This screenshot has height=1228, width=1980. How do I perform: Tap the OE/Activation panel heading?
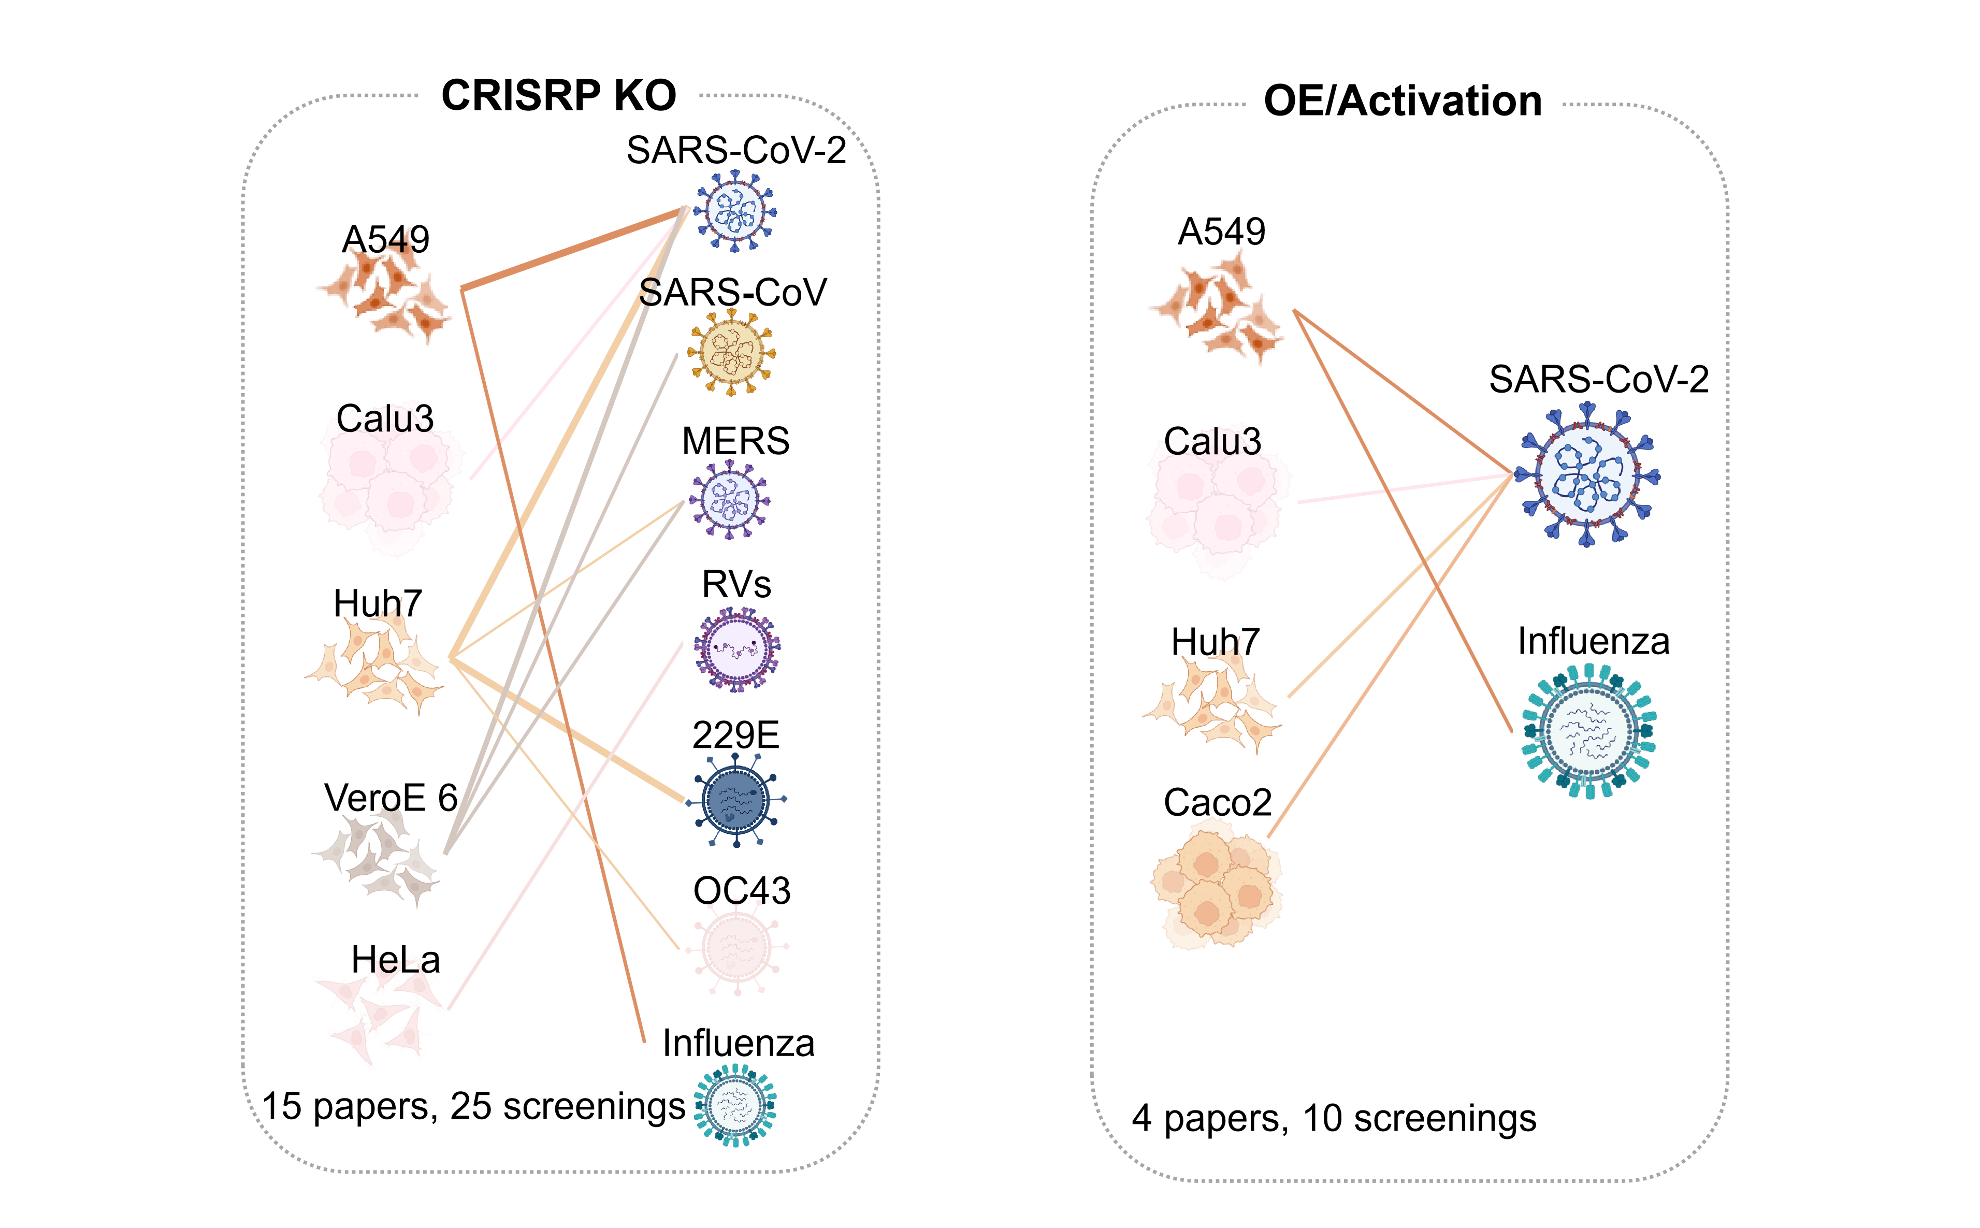coord(1403,102)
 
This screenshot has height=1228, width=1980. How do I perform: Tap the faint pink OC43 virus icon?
coord(736,947)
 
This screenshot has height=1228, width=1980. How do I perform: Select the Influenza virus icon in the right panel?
coord(1588,731)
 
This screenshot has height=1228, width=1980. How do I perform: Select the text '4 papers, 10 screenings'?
coord(1334,1118)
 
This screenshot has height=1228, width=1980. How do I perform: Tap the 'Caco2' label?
coord(1218,802)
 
